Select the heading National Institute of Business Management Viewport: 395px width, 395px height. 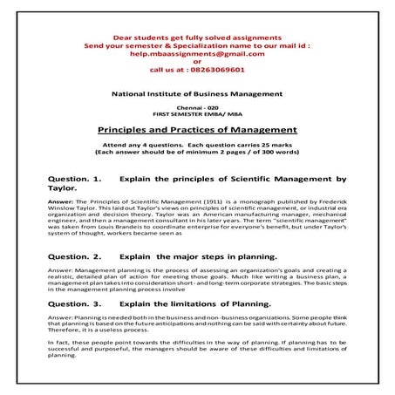[x=196, y=92]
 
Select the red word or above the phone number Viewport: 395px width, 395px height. [x=196, y=62]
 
